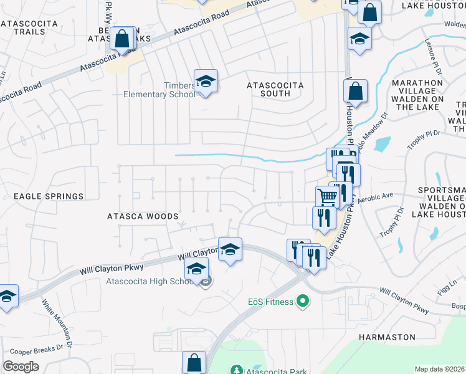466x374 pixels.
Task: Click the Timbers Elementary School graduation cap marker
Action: coord(205,82)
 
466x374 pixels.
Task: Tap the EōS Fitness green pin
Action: coord(303,302)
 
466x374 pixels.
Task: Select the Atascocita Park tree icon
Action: coord(236,370)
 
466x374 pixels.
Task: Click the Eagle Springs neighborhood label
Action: coord(49,196)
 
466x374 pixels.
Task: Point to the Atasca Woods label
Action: coord(143,217)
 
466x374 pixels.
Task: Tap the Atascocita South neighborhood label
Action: coord(275,89)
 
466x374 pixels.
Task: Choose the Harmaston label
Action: coord(387,337)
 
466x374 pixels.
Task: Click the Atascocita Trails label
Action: coord(29,27)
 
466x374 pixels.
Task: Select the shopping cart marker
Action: coord(327,197)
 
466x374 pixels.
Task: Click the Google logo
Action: coord(21,367)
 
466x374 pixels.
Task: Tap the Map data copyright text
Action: coord(440,369)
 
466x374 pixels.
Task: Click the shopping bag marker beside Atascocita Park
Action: coord(194,363)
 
